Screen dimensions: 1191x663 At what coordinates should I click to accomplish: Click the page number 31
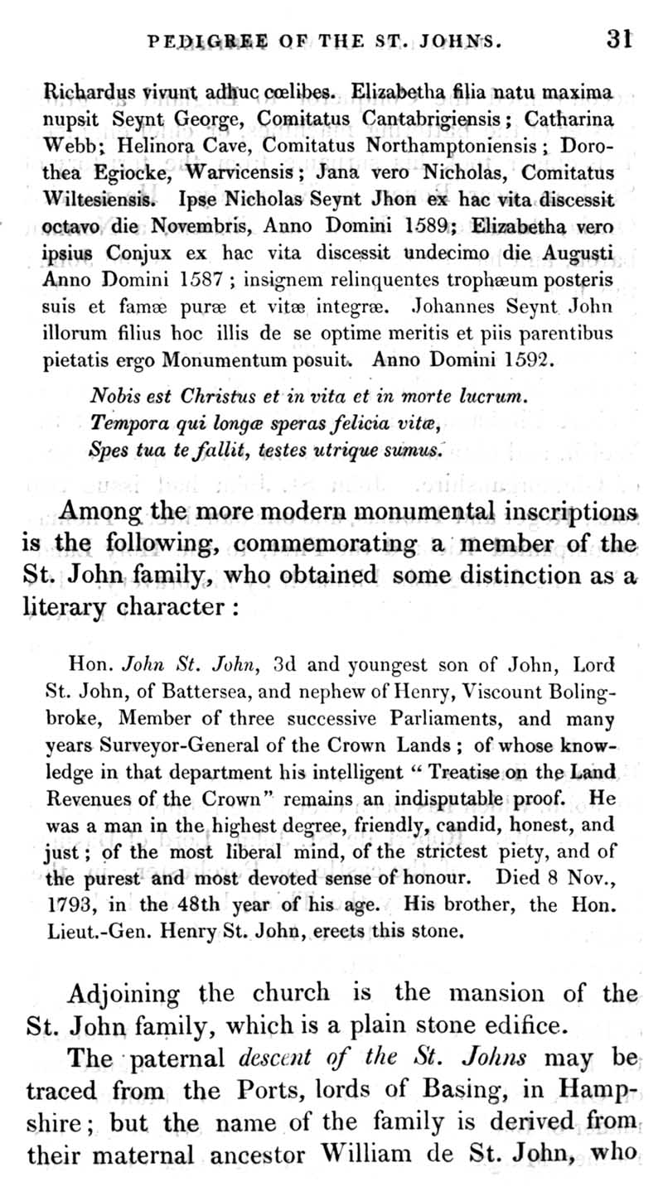coord(619,38)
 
